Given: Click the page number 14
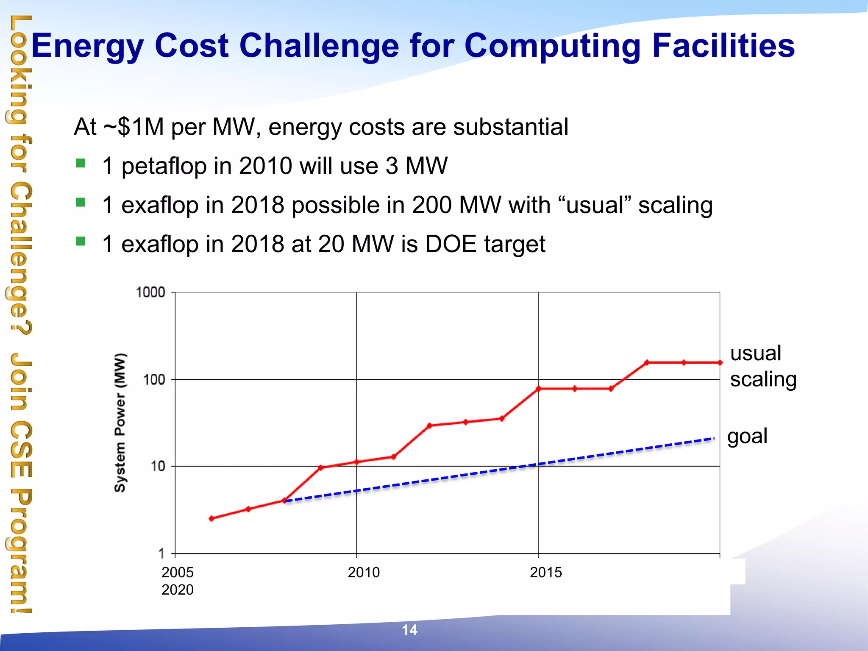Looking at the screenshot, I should (x=409, y=630).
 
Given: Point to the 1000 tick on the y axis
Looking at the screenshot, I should (x=150, y=292).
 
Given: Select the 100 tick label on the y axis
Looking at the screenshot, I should (x=154, y=379).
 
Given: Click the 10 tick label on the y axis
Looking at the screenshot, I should (x=158, y=466).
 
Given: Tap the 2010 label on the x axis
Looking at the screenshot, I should (x=364, y=572).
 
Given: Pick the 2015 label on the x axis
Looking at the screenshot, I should (x=546, y=572).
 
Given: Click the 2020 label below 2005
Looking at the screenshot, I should (x=177, y=590).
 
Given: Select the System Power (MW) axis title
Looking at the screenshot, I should (x=120, y=423).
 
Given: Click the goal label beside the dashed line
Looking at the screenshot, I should (x=747, y=436).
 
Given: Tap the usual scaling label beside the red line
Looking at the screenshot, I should (x=762, y=366).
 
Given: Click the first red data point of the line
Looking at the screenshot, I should (x=211, y=518).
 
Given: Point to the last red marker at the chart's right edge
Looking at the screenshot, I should (x=720, y=363).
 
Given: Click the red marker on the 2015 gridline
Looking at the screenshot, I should (x=538, y=388).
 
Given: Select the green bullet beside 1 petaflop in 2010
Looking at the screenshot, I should (x=81, y=163).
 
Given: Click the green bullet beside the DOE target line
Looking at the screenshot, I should (x=81, y=242).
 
